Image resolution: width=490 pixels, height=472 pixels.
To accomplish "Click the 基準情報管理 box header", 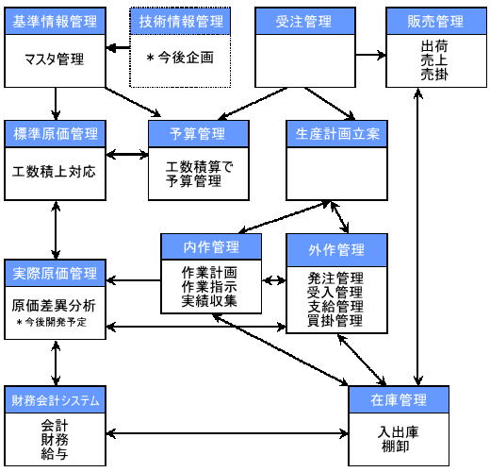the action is (55, 21).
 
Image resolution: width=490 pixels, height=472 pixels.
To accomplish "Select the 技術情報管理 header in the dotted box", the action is (180, 21).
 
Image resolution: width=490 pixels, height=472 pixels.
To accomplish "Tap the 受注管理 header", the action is (305, 21).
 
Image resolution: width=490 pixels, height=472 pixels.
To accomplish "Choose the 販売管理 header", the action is (436, 21).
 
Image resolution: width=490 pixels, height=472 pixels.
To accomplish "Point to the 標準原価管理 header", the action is (55, 134).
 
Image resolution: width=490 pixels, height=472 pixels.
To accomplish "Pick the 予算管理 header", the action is (199, 134).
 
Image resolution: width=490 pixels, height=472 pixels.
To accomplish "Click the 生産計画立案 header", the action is (336, 134).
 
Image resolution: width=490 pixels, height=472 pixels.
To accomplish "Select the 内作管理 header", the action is (211, 246).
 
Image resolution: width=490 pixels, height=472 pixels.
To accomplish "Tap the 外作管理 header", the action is (336, 250).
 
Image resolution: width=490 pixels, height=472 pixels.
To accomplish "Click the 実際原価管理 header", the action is (55, 273).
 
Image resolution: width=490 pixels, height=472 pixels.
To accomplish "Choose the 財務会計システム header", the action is (55, 399).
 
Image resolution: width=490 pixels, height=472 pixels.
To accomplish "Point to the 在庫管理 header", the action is (399, 399).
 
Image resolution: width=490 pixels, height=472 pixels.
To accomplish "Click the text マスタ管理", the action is (55, 59).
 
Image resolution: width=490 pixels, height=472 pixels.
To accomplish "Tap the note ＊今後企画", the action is (180, 58).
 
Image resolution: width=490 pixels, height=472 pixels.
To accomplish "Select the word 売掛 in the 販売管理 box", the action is (434, 75).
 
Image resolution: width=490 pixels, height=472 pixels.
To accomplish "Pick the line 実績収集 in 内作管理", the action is (209, 301).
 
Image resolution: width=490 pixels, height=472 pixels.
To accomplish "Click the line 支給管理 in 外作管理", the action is (335, 306).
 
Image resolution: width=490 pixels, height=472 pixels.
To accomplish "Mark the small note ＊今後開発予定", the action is (52, 322).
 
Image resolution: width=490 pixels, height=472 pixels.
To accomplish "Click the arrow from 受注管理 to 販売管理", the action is (370, 55).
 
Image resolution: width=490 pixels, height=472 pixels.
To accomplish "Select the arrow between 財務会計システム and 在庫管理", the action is (227, 433).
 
